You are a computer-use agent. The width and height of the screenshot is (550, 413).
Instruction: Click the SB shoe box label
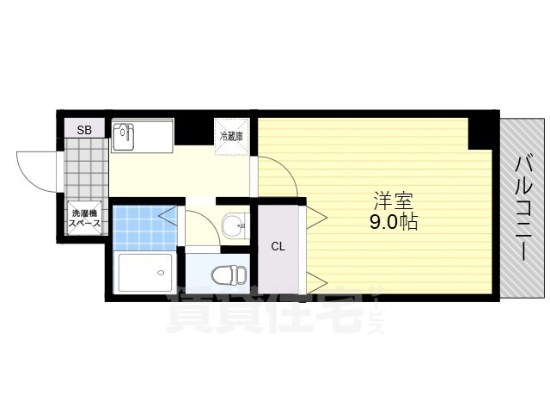(84, 130)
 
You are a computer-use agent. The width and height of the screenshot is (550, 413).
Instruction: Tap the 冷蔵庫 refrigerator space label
(231, 136)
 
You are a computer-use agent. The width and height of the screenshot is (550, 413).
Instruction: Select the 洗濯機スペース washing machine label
(84, 218)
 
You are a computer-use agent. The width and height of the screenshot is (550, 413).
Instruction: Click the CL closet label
(278, 247)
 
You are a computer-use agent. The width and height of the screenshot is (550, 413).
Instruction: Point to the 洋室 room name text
(393, 200)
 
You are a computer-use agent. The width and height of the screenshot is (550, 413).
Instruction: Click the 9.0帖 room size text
(394, 222)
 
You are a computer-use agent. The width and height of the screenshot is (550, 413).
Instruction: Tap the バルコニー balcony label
(524, 208)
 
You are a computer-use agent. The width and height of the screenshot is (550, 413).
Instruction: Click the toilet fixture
(229, 274)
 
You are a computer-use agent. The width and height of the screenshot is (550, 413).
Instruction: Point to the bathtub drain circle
(161, 273)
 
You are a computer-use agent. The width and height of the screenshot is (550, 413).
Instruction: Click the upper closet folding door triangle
(317, 218)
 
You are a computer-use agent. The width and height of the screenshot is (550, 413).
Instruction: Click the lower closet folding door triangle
(317, 283)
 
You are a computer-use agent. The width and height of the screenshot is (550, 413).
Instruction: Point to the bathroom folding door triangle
(168, 216)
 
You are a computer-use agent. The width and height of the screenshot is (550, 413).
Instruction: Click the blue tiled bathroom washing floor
(144, 228)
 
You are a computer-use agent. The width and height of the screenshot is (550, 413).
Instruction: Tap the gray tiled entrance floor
(87, 170)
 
